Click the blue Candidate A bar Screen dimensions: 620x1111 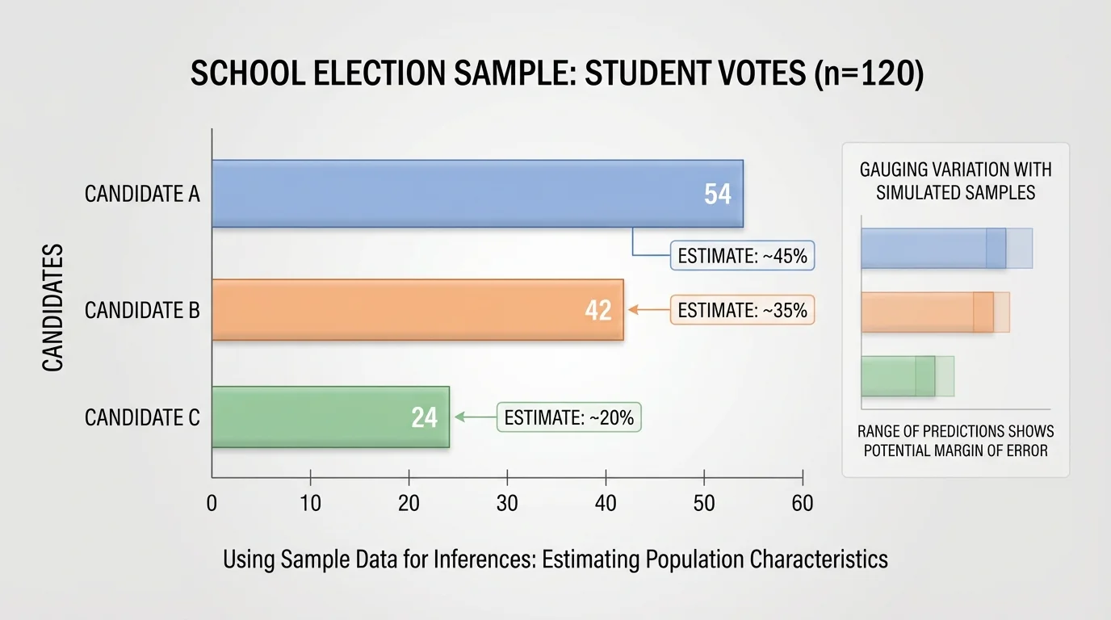tap(476, 194)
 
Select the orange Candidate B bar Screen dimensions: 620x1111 tap(417, 309)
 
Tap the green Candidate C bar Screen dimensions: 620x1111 tap(329, 417)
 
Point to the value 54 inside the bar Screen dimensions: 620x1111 tap(717, 194)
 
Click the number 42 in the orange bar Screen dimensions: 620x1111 tap(598, 310)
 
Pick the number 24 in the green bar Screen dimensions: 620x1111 tap(424, 417)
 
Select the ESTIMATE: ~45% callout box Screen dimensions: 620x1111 tap(743, 256)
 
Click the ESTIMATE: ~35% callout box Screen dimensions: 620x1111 tap(743, 310)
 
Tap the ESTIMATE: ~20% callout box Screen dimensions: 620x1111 tap(568, 418)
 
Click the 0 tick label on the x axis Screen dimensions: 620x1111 tap(212, 504)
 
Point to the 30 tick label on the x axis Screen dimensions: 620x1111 tap(507, 504)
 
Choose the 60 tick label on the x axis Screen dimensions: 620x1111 tap(803, 504)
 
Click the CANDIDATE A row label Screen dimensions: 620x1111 tap(142, 195)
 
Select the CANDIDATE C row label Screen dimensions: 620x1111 tap(142, 418)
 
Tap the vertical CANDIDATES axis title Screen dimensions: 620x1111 tap(53, 308)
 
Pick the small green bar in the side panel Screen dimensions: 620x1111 tap(897, 376)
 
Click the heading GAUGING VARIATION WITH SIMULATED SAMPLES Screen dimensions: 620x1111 tap(955, 182)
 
